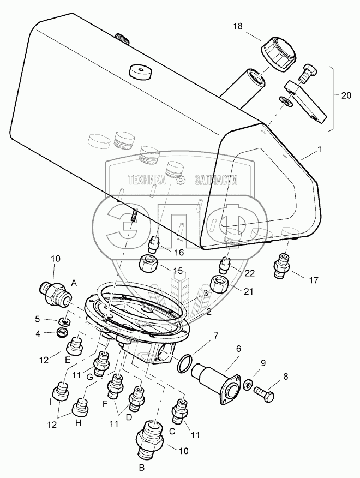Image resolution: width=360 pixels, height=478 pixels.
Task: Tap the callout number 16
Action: pyautogui.click(x=178, y=253)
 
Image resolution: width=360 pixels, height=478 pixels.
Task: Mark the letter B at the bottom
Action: pyautogui.click(x=142, y=467)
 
